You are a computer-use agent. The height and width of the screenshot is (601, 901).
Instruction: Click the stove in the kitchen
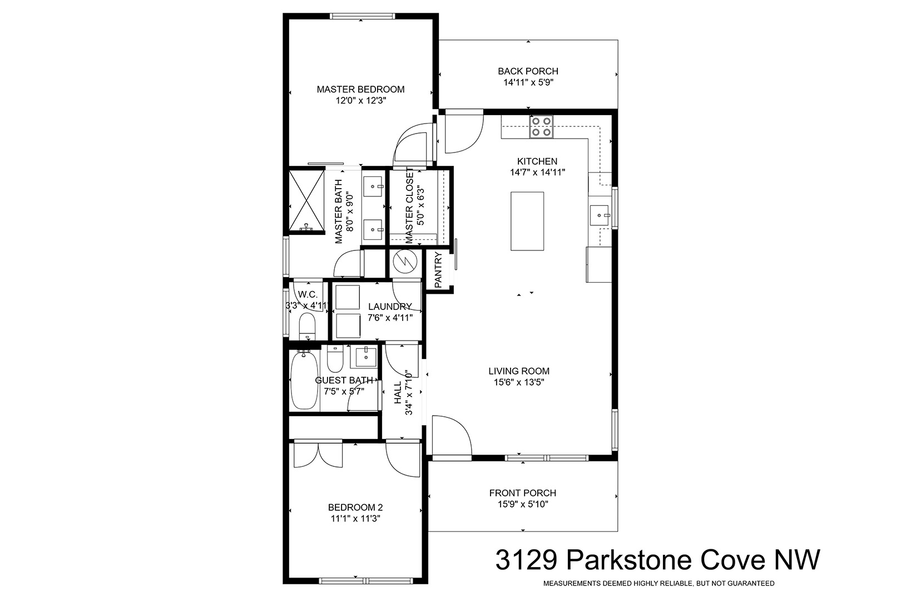click(541, 127)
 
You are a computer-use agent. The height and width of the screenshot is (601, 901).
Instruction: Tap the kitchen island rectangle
click(527, 221)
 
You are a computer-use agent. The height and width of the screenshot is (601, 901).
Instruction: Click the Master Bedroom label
click(361, 90)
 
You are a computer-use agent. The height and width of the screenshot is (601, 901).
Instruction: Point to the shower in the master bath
click(306, 201)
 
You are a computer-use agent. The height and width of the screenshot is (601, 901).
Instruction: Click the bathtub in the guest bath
click(304, 380)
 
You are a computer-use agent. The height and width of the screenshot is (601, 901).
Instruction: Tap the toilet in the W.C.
click(308, 327)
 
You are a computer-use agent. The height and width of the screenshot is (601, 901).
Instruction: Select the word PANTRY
click(438, 270)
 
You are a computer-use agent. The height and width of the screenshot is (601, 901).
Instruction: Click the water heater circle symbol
click(405, 263)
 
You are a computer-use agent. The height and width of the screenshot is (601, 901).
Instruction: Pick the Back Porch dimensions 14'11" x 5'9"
click(528, 82)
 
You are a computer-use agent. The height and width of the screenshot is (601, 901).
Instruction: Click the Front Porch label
click(523, 492)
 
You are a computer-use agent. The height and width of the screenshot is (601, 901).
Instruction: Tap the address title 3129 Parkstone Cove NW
click(658, 560)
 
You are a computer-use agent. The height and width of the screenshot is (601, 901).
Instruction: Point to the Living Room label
click(519, 371)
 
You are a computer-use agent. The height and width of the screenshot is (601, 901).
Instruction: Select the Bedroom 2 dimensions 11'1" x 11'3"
click(355, 519)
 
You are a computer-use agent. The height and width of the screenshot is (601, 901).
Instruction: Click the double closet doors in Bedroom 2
click(318, 455)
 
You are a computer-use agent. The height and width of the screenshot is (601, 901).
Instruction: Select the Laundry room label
click(390, 307)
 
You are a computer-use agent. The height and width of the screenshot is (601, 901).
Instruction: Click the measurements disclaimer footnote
click(659, 583)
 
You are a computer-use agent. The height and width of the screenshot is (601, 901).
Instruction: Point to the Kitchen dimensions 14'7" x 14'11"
click(538, 173)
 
